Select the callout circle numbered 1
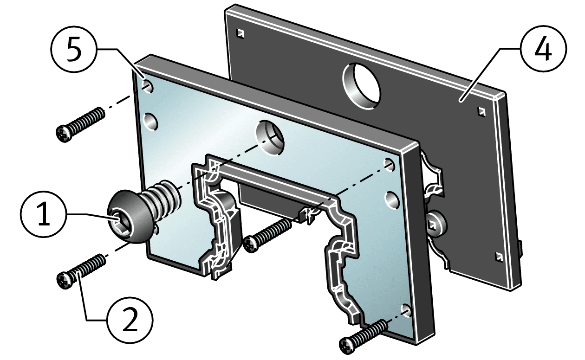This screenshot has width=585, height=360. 43,215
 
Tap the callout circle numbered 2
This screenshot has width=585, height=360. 130,321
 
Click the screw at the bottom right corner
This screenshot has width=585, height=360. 365,334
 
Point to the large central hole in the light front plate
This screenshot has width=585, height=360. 270,138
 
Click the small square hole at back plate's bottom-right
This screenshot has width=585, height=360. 499,256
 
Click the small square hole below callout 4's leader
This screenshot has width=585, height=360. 481,111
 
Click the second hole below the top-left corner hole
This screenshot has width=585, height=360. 150,122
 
